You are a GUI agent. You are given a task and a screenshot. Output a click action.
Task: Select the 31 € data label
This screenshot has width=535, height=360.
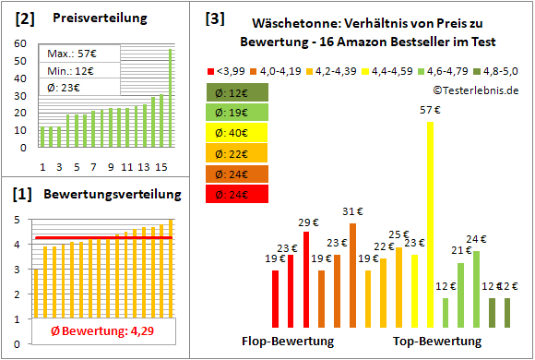351,210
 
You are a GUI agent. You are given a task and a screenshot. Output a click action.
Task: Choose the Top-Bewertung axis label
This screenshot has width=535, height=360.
437,341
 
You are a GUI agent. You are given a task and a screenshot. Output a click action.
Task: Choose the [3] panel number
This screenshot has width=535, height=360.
214,18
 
